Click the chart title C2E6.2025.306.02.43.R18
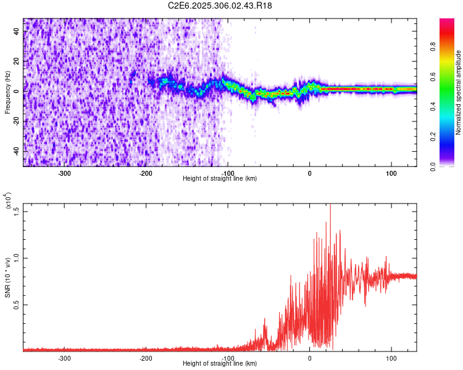click(220, 6)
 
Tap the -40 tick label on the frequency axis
click(17, 150)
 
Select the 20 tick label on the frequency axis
click(17, 62)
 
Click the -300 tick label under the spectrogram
click(65, 173)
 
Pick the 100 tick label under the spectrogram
click(391, 173)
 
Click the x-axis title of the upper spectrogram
click(220, 178)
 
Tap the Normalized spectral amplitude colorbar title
click(459, 92)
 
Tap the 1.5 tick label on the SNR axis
click(17, 212)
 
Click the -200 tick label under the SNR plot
click(146, 358)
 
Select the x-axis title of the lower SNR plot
click(220, 363)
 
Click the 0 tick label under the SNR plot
click(310, 358)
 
